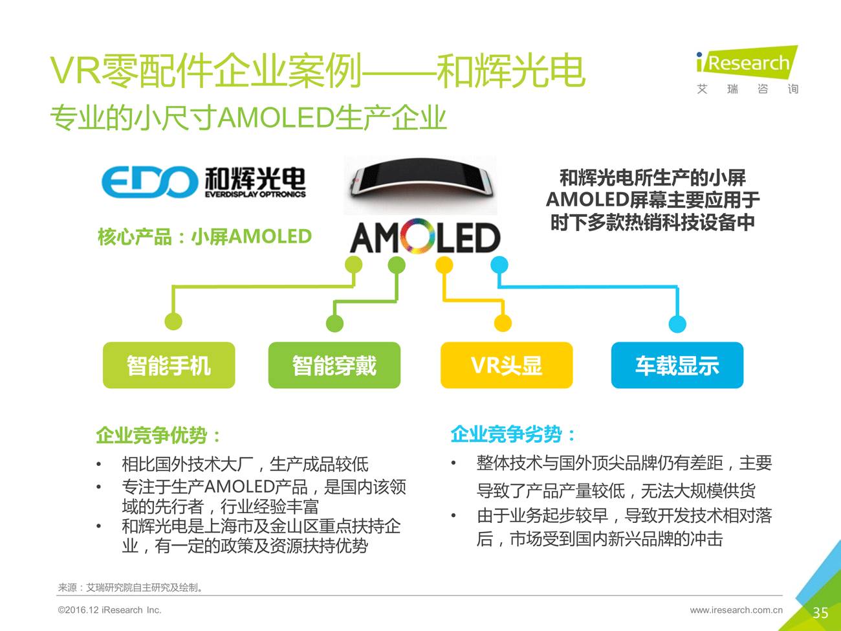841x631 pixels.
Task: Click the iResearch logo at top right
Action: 747,63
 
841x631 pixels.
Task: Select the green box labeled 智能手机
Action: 169,366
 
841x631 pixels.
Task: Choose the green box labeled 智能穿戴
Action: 334,366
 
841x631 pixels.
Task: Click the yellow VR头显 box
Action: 507,366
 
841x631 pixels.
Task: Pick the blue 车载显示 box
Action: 677,366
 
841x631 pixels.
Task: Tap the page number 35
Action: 820,613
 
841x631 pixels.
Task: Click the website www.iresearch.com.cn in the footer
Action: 736,610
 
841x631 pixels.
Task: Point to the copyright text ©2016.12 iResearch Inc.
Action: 109,610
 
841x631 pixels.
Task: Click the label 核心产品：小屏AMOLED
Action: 204,237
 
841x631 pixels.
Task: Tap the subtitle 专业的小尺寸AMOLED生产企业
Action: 248,118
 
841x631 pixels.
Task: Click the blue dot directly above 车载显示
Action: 677,323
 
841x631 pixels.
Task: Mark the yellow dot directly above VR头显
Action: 503,323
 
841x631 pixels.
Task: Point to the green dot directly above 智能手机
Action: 173,321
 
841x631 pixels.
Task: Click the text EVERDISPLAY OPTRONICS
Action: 255,194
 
